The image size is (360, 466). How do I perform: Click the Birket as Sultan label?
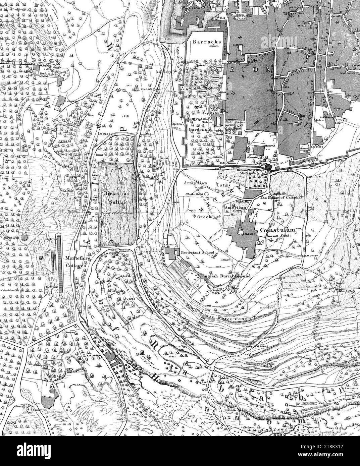click(x=117, y=198)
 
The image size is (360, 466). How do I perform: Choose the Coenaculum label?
click(x=277, y=230)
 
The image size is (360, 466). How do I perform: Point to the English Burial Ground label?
click(x=226, y=276)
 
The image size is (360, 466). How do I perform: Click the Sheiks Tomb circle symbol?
click(x=206, y=193)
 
